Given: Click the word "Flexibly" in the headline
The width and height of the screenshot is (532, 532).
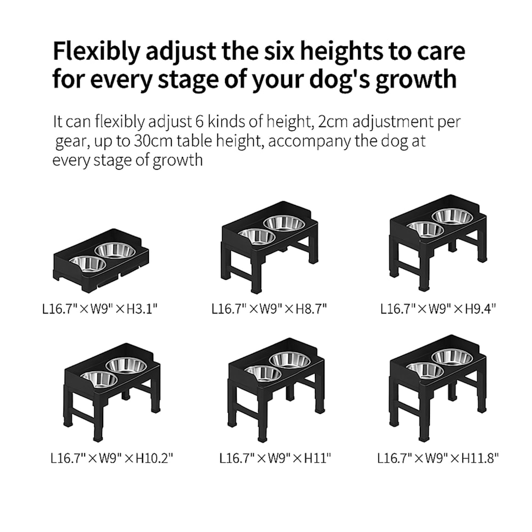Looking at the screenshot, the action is point(96,52).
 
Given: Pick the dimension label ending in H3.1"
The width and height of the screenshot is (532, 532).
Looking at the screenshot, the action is point(100,309).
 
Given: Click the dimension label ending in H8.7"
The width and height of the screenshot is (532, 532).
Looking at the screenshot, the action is point(269,309).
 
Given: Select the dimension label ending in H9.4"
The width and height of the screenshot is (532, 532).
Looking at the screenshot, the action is point(438,309).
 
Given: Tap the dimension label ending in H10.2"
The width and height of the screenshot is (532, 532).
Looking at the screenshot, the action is point(112,459).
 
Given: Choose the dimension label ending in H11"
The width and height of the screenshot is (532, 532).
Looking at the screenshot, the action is point(275,459).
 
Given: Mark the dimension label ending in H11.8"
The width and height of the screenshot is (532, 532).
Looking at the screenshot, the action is point(438,459).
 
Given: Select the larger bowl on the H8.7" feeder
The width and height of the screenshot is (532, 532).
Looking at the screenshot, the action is point(284,222).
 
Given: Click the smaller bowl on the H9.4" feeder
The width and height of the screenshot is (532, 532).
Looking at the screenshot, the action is point(425,229).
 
